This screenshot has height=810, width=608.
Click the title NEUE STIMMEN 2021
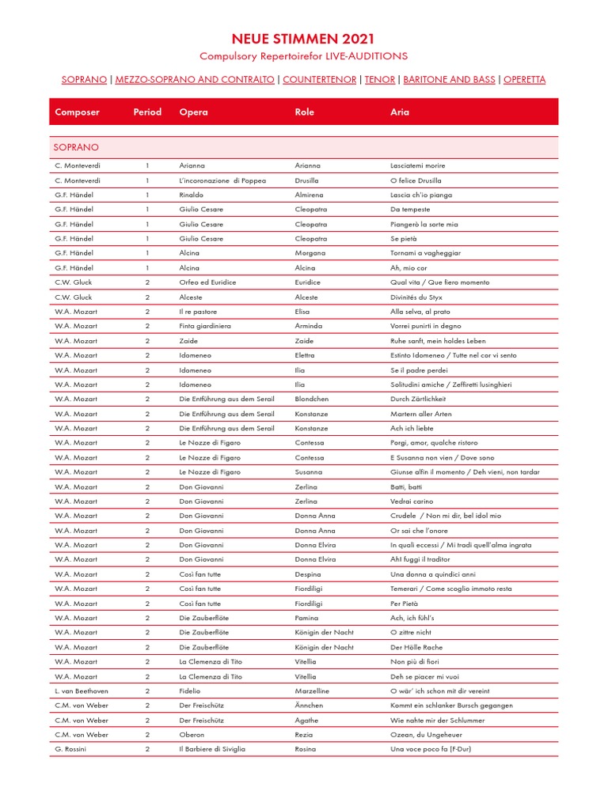(303, 39)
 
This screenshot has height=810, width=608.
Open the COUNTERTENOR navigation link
(319, 80)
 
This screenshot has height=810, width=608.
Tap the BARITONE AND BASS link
(449, 80)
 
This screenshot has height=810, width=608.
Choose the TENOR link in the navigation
(380, 80)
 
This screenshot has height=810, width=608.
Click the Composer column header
(78, 112)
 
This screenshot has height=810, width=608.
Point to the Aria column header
(400, 112)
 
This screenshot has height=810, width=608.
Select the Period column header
(147, 112)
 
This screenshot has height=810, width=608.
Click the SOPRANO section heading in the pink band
(76, 148)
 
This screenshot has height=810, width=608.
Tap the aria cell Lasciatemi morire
(418, 166)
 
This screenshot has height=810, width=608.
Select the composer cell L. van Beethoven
(82, 691)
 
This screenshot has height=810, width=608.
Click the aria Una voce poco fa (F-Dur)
(431, 749)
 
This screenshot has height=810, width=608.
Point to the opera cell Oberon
(192, 735)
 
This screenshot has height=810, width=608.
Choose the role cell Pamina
(307, 618)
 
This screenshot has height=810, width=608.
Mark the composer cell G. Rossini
(70, 749)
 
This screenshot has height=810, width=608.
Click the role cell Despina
(308, 574)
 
